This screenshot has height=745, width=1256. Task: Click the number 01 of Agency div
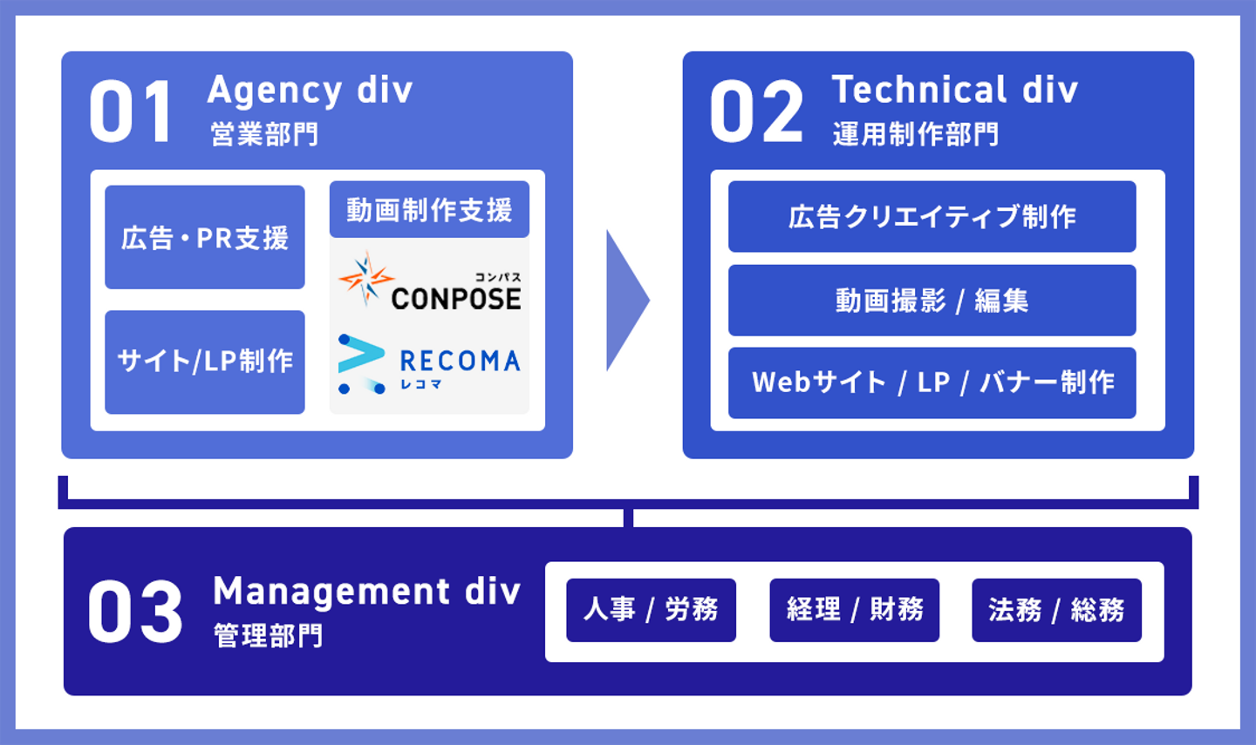(131, 112)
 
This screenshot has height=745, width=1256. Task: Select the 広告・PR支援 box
(205, 237)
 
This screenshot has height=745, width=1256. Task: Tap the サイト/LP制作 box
(205, 362)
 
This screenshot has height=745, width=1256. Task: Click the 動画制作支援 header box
(429, 209)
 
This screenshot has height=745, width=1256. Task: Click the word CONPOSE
(455, 299)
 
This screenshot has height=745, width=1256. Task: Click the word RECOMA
(460, 360)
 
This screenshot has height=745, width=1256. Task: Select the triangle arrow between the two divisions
(625, 301)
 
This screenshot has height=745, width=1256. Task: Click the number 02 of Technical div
(755, 112)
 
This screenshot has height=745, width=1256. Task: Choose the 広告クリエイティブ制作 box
(932, 216)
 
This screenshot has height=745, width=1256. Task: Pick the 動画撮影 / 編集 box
(932, 301)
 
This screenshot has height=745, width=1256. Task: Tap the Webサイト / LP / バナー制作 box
(932, 383)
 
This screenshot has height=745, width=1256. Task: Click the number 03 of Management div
(135, 613)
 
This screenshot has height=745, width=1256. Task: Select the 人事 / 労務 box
(651, 610)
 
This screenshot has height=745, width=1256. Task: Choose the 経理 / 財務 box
(854, 610)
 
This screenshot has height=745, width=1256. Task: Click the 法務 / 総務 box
(1056, 610)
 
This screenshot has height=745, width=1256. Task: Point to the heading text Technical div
(954, 90)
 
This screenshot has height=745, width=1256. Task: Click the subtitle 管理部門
(268, 635)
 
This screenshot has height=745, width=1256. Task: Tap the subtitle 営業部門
(264, 134)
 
